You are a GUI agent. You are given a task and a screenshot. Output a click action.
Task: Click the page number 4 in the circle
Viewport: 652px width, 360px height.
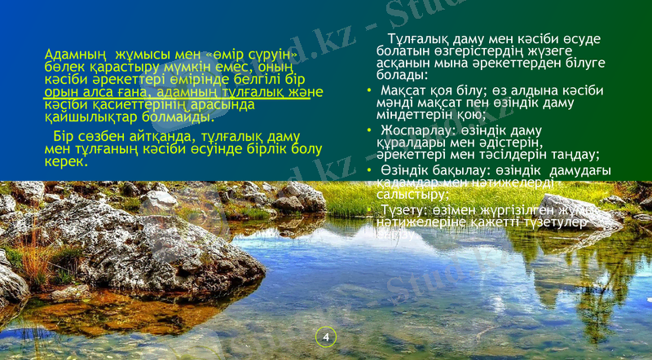tap(326, 336)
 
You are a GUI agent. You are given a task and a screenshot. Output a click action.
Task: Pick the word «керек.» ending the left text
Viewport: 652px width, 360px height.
tap(66, 161)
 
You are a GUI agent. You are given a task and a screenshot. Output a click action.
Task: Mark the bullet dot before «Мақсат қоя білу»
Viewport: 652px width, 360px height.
tap(369, 89)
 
